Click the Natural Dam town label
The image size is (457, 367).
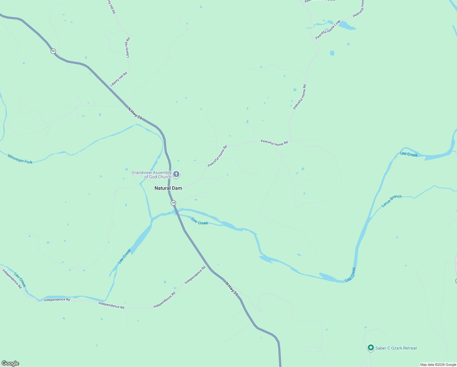pyautogui.click(x=168, y=188)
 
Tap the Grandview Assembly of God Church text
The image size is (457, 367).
pyautogui.click(x=152, y=175)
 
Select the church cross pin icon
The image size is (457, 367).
pyautogui.click(x=176, y=174)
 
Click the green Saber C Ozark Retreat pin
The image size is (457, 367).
pyautogui.click(x=371, y=348)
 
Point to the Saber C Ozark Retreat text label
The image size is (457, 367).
pyautogui.click(x=396, y=348)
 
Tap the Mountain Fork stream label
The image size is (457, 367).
pyautogui.click(x=20, y=159)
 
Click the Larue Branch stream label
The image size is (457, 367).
pyautogui.click(x=391, y=201)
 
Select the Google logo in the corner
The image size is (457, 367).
pyautogui.click(x=10, y=363)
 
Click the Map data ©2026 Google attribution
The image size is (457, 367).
pyautogui.click(x=438, y=365)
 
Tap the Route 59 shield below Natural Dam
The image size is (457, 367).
pyautogui.click(x=174, y=203)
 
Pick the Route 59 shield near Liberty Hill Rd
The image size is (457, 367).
pyautogui.click(x=53, y=51)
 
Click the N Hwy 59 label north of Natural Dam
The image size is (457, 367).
pyautogui.click(x=135, y=113)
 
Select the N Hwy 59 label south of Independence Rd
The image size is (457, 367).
pyautogui.click(x=232, y=288)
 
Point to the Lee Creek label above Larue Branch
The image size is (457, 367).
pyautogui.click(x=409, y=154)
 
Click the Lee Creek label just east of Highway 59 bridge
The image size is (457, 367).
pyautogui.click(x=200, y=221)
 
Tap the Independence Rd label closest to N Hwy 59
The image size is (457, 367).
pyautogui.click(x=195, y=275)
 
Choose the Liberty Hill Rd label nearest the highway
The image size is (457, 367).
pyautogui.click(x=119, y=79)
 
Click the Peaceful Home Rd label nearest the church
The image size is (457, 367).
pyautogui.click(x=218, y=156)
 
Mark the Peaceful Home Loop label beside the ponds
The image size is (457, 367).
pyautogui.click(x=328, y=30)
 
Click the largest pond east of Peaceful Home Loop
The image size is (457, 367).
pyautogui.click(x=347, y=25)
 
